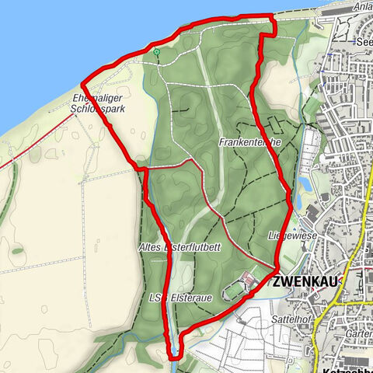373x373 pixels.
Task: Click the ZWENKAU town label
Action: click(304, 284)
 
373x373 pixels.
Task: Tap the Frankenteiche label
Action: click(246, 143)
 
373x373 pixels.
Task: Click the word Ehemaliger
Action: click(96, 98)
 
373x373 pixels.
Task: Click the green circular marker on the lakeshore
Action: click(156, 53)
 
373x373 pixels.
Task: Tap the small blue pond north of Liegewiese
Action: click(301, 186)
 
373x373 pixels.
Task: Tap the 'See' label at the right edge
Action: click(363, 43)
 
